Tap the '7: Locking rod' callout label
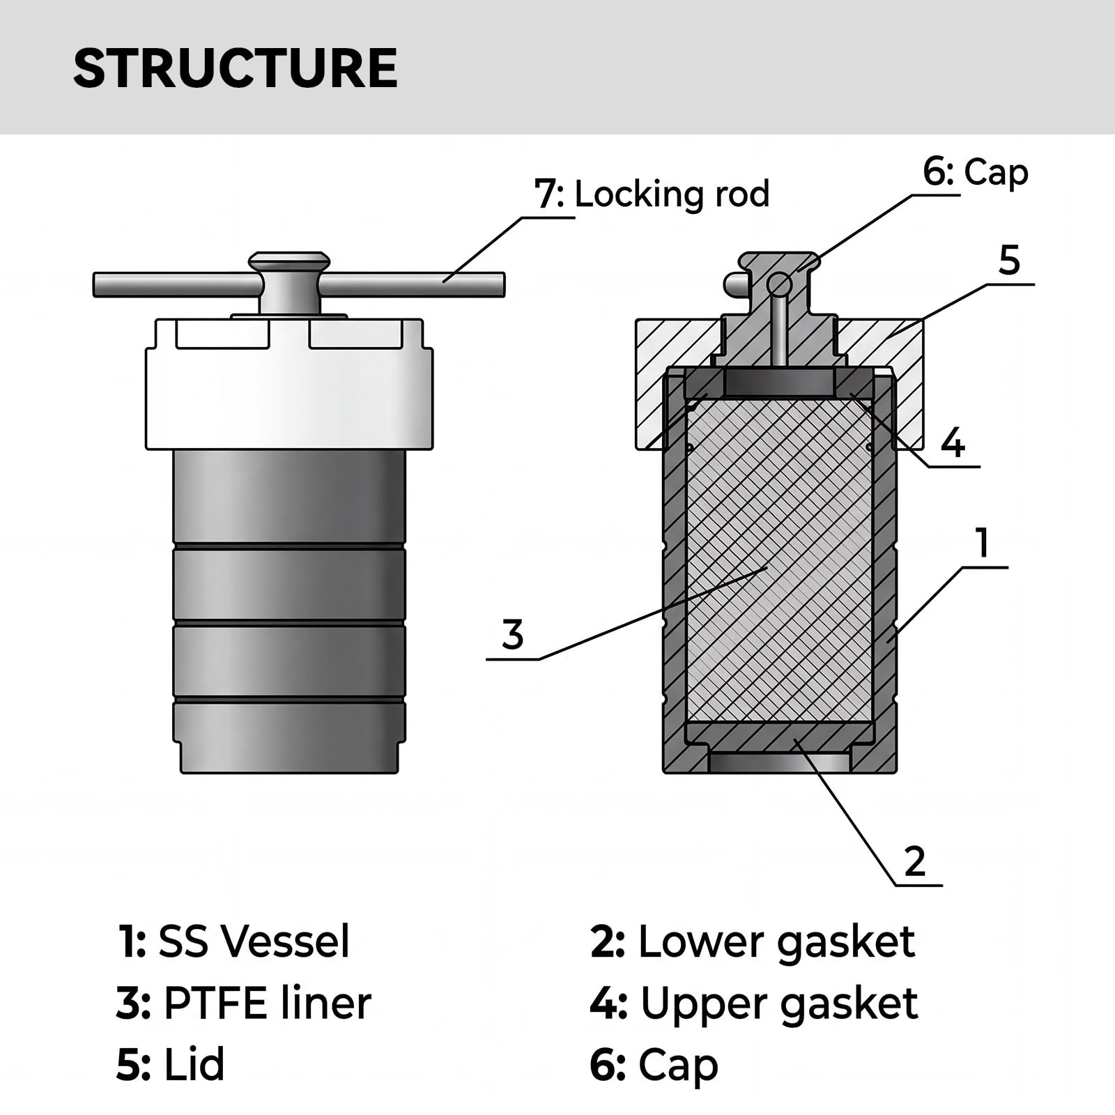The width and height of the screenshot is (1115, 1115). pos(652,194)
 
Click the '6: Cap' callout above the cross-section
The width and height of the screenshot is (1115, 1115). pos(976,172)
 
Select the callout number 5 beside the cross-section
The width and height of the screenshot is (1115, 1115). pos(1009,261)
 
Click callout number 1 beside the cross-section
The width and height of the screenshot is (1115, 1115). pos(983,544)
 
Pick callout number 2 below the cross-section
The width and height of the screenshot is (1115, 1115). pos(914,861)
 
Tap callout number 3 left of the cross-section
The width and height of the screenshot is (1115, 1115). pos(513,635)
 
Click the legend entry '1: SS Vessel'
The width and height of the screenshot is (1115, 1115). pos(233,941)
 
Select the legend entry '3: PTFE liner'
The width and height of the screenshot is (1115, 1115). pos(244,1003)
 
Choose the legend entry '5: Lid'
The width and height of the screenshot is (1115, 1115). pos(171,1065)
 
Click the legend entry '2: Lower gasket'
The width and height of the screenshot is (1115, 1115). pos(753,941)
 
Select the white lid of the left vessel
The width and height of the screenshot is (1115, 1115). pos(289,384)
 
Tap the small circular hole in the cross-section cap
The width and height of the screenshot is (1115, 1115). pos(779,284)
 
